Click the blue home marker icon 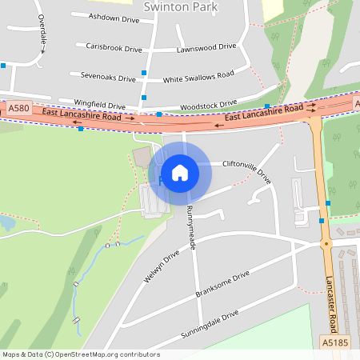[x=180, y=173]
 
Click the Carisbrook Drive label [x=114, y=49]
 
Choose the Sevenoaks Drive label [x=108, y=78]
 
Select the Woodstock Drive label [x=209, y=104]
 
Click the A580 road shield [x=17, y=108]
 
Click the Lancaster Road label [x=331, y=295]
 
